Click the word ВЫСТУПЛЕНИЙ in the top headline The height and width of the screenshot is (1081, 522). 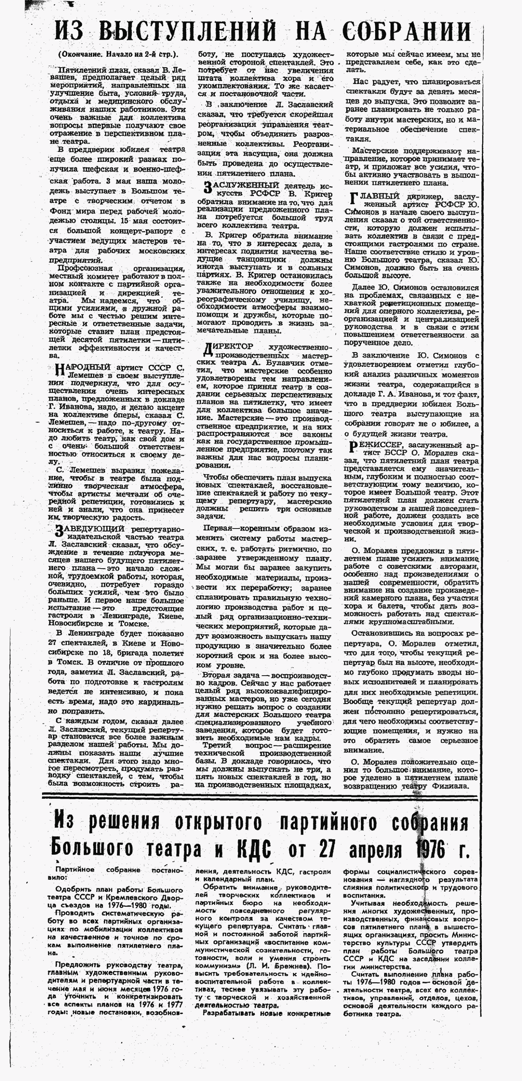(187, 32)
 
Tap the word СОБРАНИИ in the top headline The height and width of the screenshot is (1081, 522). (406, 32)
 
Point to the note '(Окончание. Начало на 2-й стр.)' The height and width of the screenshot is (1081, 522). (117, 54)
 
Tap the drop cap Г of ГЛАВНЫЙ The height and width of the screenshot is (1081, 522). (354, 200)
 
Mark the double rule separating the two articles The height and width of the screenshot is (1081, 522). (260, 795)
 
